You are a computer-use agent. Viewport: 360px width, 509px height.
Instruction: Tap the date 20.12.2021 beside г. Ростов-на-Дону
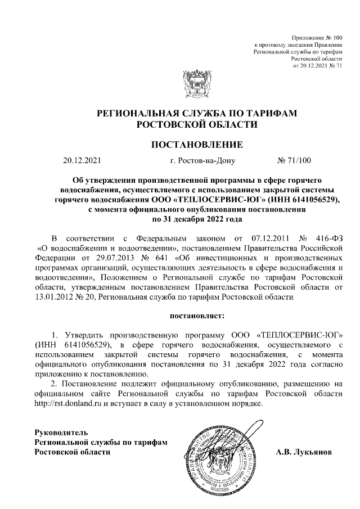point(82,161)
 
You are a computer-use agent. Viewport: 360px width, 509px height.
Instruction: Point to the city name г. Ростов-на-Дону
point(202,161)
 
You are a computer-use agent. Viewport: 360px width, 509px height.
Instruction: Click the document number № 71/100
point(294,161)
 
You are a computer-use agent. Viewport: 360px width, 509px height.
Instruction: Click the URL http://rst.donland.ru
point(67,404)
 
